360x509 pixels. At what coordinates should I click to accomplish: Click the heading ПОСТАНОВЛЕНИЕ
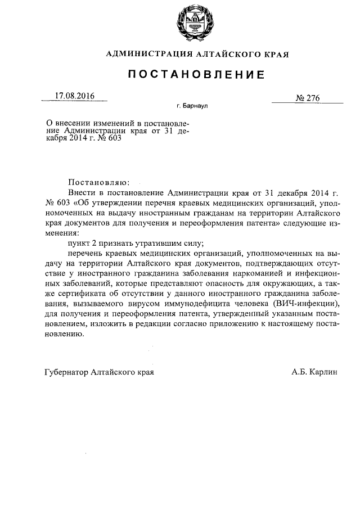(195, 74)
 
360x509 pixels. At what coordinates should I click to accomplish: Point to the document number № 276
(307, 98)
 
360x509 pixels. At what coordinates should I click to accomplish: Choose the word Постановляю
(98, 182)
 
